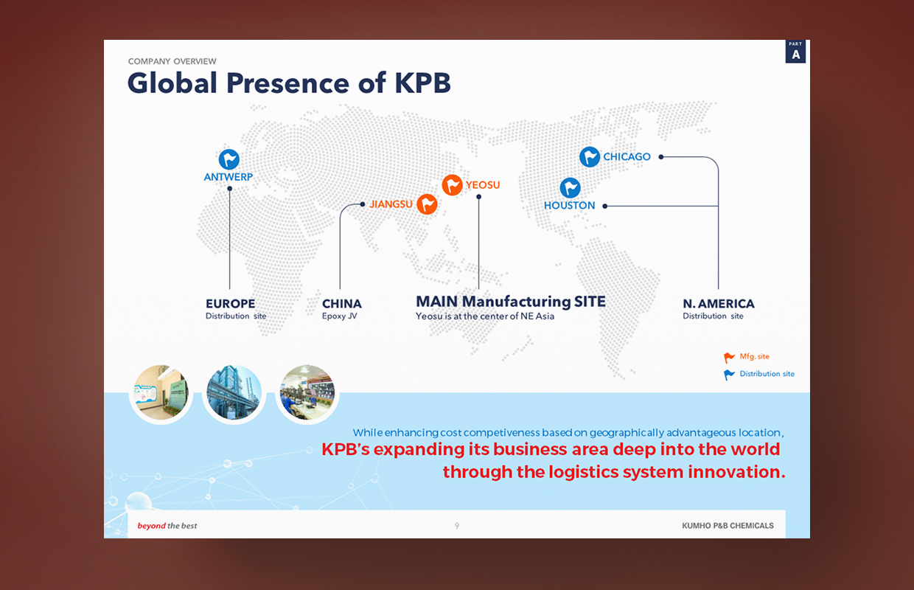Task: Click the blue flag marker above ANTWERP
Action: click(x=229, y=159)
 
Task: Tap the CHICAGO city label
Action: click(x=627, y=157)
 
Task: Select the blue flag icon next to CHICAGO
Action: click(x=590, y=157)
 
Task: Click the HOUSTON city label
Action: click(x=569, y=205)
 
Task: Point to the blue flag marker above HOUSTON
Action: click(x=570, y=188)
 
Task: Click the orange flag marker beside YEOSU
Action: click(x=452, y=185)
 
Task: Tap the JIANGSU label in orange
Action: click(x=391, y=204)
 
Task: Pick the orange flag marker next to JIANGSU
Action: click(x=428, y=204)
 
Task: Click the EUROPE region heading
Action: click(x=230, y=304)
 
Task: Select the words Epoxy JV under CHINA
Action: click(x=340, y=316)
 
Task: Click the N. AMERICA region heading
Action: click(x=719, y=304)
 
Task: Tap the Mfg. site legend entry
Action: click(x=747, y=357)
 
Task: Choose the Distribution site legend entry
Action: click(x=759, y=374)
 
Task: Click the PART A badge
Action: click(x=795, y=52)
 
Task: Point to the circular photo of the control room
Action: click(x=307, y=393)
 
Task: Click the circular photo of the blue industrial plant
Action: click(x=234, y=393)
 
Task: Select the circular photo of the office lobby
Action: click(x=161, y=393)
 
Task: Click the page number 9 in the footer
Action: click(x=457, y=526)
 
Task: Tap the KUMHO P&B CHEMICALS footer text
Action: click(x=728, y=526)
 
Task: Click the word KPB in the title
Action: click(x=423, y=83)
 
